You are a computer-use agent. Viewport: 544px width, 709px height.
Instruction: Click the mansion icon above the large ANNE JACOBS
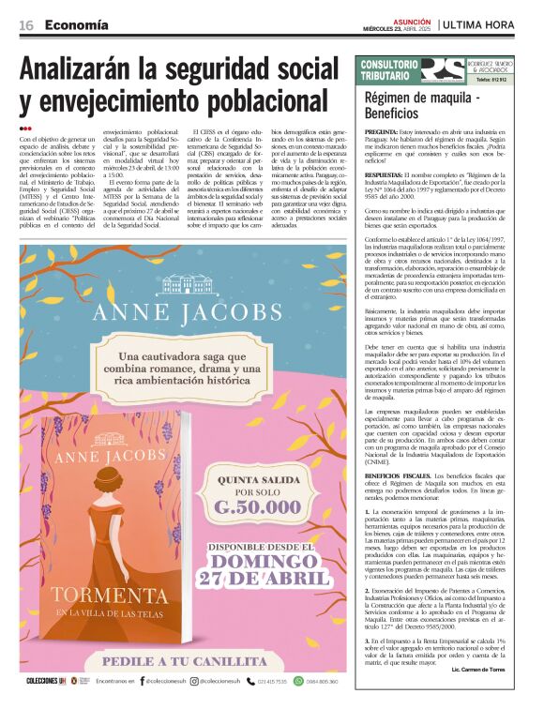pyautogui.click(x=187, y=285)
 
